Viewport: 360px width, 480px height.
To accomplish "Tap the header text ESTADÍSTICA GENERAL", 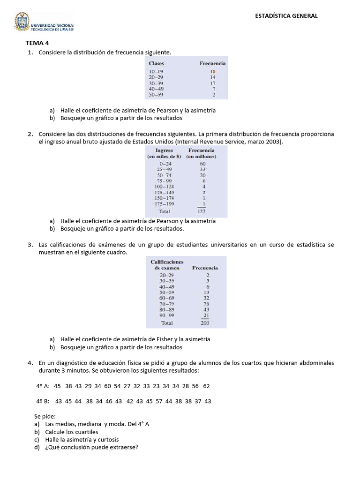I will (286, 15).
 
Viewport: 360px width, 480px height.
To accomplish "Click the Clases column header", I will (156, 63).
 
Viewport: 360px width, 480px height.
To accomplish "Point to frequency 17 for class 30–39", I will (212, 82).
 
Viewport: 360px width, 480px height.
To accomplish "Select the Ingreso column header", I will (164, 150).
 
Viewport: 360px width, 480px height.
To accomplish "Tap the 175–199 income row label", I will (164, 204).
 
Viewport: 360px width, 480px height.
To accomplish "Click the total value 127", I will (201, 211).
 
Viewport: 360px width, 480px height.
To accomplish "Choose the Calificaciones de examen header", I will (167, 264).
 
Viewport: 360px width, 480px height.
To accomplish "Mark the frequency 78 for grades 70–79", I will (206, 304).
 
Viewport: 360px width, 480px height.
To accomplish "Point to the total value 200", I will (205, 323).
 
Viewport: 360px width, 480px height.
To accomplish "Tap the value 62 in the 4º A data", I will (206, 386).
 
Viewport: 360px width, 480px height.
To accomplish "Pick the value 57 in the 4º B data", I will (159, 401).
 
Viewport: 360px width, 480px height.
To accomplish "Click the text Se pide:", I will (45, 416).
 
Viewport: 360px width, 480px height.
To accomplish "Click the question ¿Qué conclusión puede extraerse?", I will (91, 447).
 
